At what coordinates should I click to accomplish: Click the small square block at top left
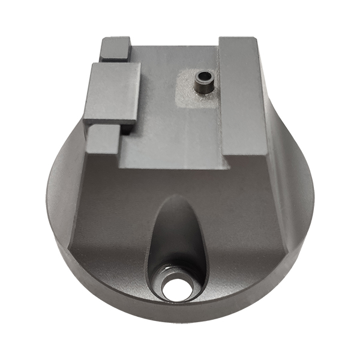pos(116,48)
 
